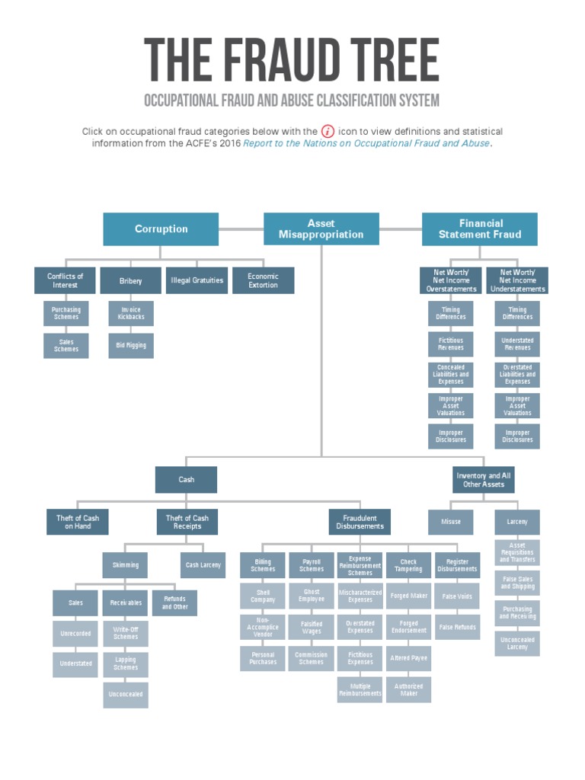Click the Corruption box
click(x=161, y=229)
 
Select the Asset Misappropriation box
click(x=321, y=229)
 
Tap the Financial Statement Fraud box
click(x=480, y=229)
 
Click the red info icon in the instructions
click(x=328, y=131)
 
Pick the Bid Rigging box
click(x=131, y=345)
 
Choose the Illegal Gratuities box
click(x=197, y=280)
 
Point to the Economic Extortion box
click(x=263, y=280)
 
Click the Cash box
click(x=186, y=480)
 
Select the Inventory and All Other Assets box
click(x=483, y=480)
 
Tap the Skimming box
click(x=126, y=565)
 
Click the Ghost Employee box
click(x=311, y=596)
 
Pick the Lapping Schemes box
click(x=126, y=664)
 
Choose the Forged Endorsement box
click(x=408, y=627)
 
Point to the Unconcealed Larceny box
click(x=516, y=644)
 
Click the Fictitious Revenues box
click(x=451, y=344)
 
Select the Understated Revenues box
click(x=517, y=344)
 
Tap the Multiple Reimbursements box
click(x=360, y=689)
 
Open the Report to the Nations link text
click(x=366, y=143)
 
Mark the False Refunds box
click(x=457, y=627)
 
